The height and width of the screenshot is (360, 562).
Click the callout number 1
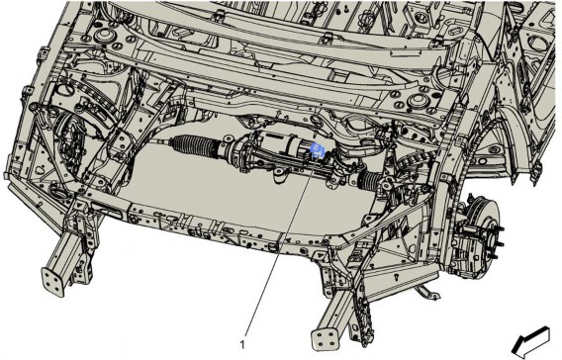coord(242,344)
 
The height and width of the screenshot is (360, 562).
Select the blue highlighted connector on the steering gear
coord(318,149)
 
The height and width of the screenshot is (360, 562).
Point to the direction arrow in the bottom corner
coord(530,343)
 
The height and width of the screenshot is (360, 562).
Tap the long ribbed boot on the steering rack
coord(194,145)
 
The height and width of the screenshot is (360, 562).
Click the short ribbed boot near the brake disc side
coord(370,179)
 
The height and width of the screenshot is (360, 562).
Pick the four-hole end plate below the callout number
coord(325,338)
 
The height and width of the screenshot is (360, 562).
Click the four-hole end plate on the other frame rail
coord(53,281)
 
